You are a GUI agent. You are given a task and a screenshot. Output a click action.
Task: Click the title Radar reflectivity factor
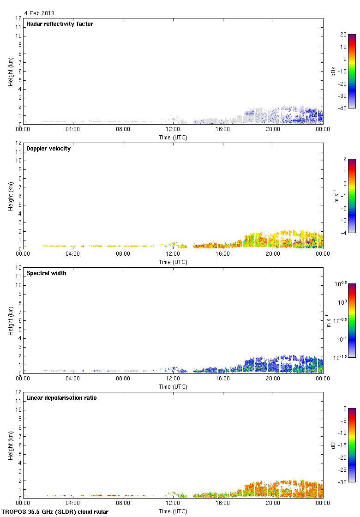pos(60,24)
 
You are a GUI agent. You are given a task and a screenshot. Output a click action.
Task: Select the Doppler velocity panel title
pos(48,149)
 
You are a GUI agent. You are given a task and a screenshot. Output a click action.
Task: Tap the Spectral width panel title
pos(47,273)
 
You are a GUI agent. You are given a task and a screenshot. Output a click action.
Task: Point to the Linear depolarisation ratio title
pos(61,398)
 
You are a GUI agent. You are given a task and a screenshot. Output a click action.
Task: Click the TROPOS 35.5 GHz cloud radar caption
pos(55,512)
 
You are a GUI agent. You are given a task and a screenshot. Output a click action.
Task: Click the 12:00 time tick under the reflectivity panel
pos(173,130)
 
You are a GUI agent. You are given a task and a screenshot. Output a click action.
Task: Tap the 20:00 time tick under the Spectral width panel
pos(273,379)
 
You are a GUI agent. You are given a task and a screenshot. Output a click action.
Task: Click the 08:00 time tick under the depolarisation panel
pos(123,504)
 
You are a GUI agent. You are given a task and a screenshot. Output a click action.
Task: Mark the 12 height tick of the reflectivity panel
pos(19,18)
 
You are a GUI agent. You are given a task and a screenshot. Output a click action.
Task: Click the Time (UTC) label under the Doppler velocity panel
pos(173,262)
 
